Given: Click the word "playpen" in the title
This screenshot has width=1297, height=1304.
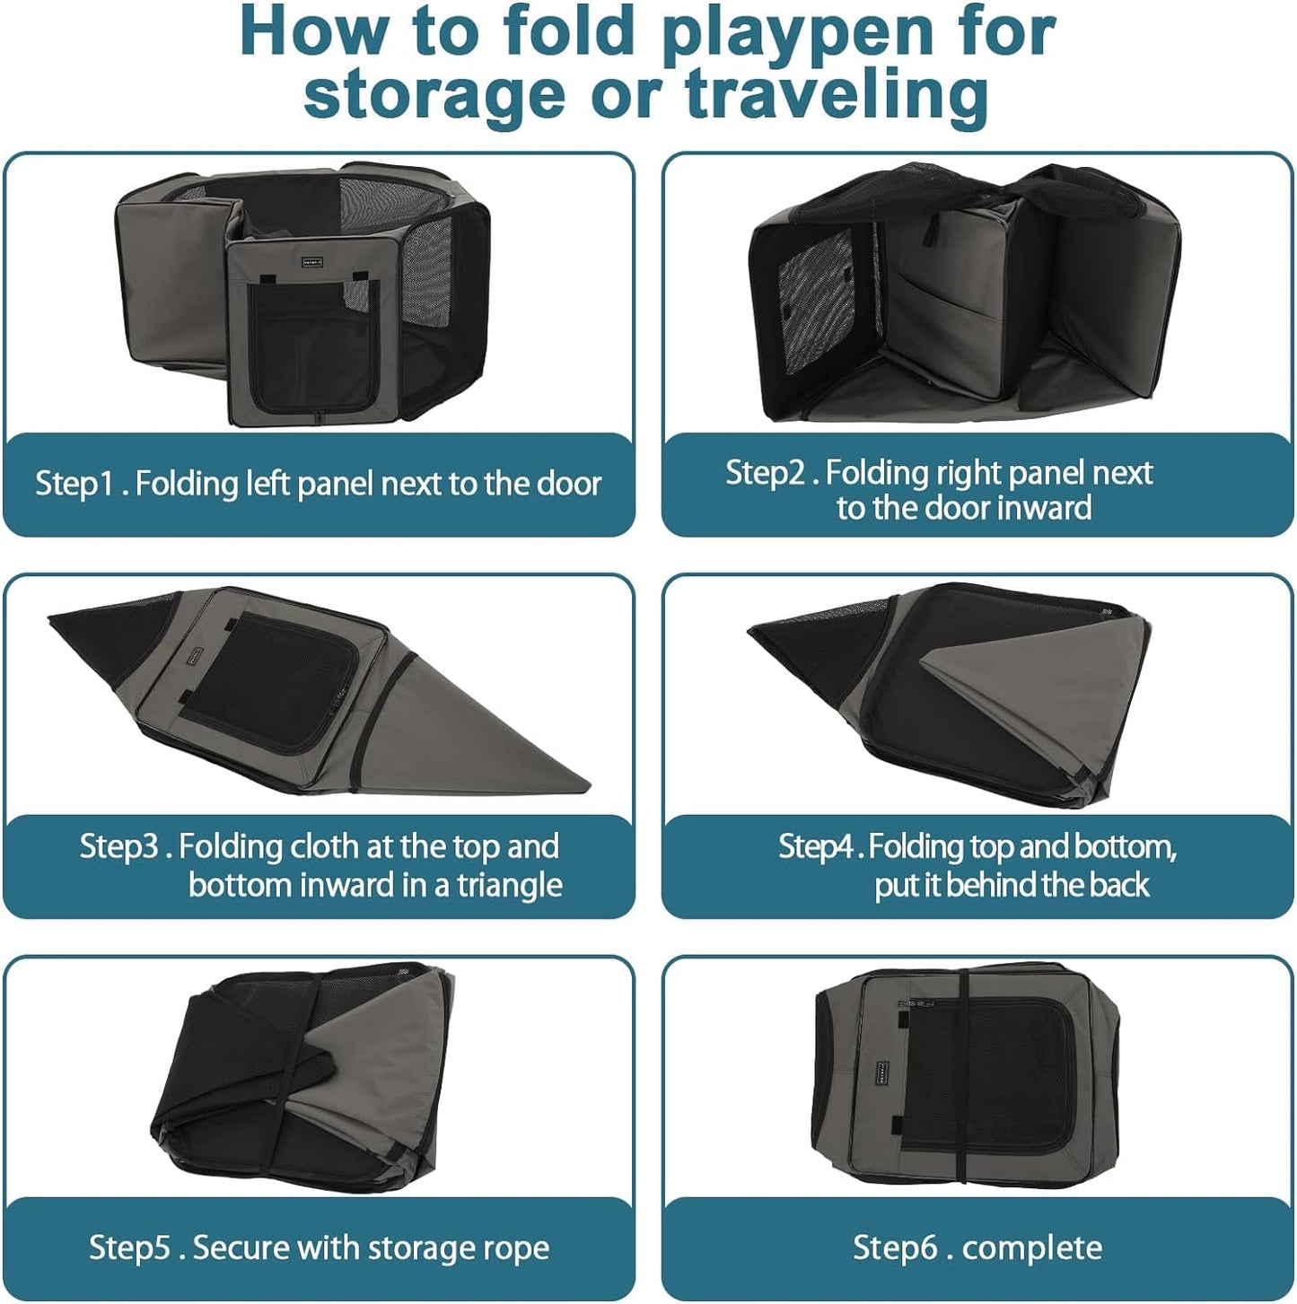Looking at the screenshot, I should tap(785, 33).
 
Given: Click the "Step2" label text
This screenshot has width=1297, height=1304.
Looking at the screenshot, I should tap(766, 473).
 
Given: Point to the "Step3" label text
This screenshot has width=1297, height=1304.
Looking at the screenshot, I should tap(119, 846).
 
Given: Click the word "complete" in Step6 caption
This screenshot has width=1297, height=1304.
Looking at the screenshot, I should tap(1031, 1247).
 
